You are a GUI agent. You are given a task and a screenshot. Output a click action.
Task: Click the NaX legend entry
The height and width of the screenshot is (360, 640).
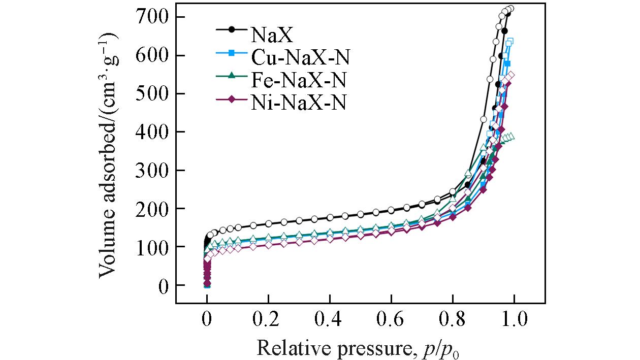click(271, 36)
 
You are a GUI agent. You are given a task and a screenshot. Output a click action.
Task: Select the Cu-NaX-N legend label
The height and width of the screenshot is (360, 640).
click(300, 57)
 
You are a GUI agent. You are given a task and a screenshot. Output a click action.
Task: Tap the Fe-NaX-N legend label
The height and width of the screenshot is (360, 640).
click(299, 80)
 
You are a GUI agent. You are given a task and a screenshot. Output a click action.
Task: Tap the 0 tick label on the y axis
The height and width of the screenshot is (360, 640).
click(164, 286)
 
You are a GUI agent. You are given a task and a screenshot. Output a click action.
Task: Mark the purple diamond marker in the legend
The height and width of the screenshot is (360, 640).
click(231, 100)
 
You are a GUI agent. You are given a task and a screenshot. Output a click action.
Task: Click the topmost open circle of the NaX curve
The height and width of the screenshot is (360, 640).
click(511, 9)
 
